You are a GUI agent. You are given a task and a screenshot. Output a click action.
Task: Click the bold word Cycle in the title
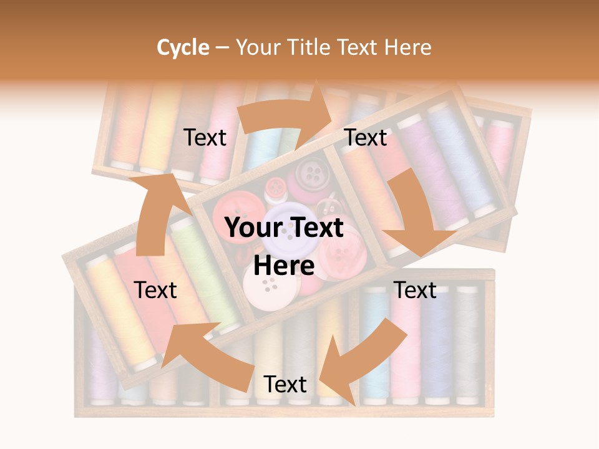point(183,47)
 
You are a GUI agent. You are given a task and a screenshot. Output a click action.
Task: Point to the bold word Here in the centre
point(284,266)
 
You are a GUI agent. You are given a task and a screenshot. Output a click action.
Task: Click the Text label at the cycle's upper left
point(205,138)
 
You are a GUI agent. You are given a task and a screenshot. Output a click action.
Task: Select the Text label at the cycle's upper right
point(366,138)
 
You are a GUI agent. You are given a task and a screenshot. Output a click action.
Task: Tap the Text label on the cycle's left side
point(155,290)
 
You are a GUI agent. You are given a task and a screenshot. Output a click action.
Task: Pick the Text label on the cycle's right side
point(415,290)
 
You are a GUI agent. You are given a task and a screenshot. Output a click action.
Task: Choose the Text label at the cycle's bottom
point(285,385)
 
